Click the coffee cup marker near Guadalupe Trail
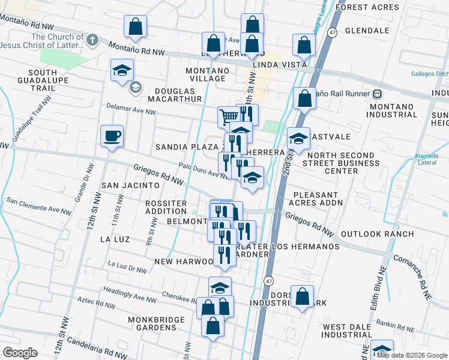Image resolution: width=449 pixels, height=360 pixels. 112,136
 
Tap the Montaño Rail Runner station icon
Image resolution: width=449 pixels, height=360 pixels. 377,94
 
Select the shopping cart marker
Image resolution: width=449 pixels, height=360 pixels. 229,116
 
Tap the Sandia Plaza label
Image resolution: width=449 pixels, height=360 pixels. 186,147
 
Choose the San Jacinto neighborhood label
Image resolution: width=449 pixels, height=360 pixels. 130,186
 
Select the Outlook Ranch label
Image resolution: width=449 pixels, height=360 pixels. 376,234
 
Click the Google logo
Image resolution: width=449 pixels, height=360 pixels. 20,353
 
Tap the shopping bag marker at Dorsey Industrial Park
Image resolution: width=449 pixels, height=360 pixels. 302,296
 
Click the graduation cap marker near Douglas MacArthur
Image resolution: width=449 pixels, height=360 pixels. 122,70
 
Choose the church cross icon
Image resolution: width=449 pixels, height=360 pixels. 91,41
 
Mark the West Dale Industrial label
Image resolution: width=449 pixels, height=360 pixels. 352,332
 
